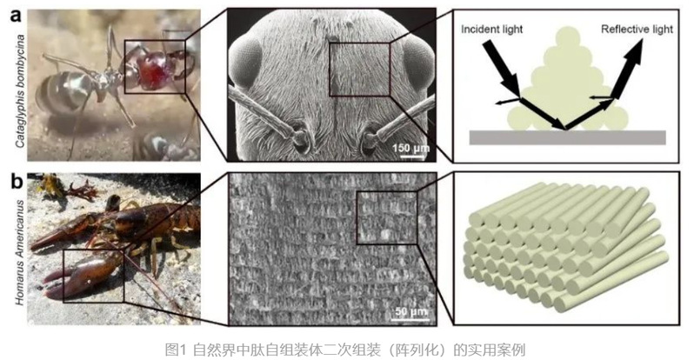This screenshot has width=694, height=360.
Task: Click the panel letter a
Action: click(16, 16)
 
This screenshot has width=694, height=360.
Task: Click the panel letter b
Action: click(17, 182)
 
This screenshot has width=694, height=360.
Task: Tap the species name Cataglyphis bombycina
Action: click(19, 90)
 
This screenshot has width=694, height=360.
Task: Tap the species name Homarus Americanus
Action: click(20, 252)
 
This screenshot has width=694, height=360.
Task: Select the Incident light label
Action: click(491, 30)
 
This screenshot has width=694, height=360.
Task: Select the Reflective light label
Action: click(637, 30)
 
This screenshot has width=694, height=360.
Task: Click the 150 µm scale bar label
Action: click(411, 147)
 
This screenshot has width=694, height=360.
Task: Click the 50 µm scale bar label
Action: click(411, 311)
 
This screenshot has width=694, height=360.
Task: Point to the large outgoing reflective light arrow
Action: click(628, 69)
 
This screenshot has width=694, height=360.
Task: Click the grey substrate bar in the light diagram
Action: click(567, 137)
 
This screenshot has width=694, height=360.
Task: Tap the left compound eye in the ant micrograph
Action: click(244, 62)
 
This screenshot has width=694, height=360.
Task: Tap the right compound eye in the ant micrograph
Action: click(417, 61)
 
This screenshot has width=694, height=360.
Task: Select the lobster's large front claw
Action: click(80, 275)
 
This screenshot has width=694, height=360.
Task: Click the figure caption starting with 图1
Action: click(344, 350)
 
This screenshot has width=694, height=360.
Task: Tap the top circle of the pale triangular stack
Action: click(568, 39)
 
